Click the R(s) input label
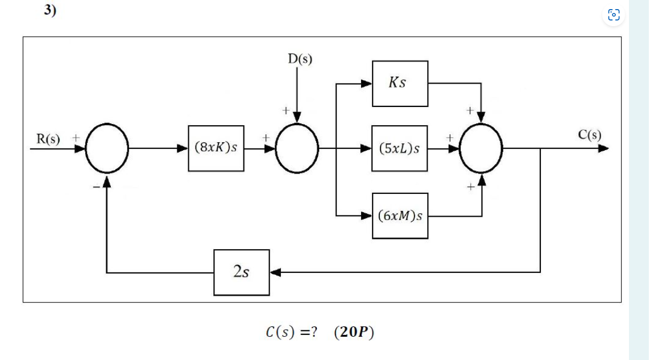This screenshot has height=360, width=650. coord(48,138)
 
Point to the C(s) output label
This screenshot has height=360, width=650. coord(589,135)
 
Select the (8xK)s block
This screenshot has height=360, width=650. coord(216,148)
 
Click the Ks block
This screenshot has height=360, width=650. coord(400,84)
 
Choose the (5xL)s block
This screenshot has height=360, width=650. coord(400,148)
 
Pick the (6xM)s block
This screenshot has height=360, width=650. coord(400,216)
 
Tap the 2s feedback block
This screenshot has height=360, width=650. coord(242,272)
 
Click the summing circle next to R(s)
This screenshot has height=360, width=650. coord(107,148)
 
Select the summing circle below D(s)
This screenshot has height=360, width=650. coord(297,148)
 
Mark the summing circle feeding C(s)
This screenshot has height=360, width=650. coord(481,148)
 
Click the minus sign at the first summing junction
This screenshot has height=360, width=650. coord(97,185)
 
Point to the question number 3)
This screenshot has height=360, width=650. coord(51,10)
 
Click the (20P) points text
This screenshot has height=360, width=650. coord(354,333)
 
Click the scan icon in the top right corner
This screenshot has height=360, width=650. coord(614,15)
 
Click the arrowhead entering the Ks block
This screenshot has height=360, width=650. coord(367,84)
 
